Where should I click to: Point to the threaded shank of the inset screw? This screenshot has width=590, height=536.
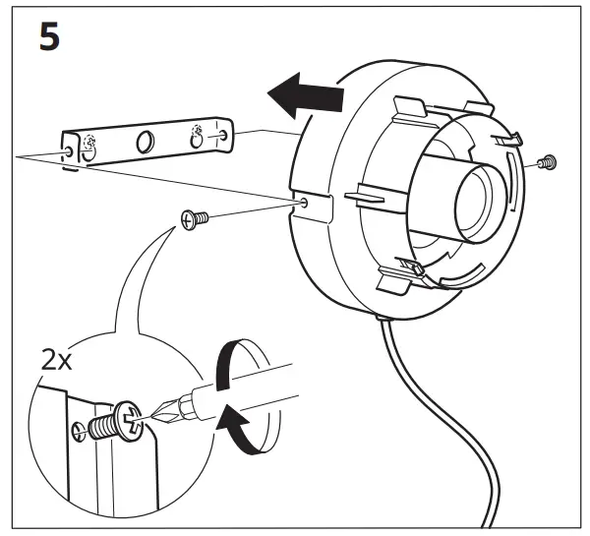(x=99, y=430)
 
